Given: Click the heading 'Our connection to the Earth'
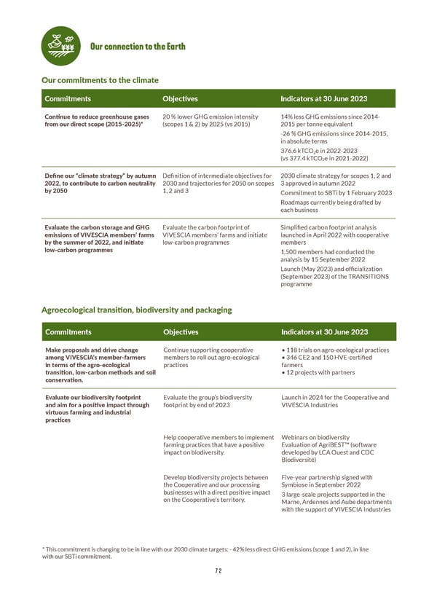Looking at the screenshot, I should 138,47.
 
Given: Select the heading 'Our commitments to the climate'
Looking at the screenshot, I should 100,79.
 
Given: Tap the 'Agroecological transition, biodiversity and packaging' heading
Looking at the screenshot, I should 136,310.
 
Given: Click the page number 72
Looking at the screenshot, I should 219,571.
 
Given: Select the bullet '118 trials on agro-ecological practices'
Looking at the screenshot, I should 336,350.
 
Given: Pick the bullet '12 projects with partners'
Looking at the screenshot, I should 320,372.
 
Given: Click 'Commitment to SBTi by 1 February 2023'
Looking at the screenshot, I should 336,192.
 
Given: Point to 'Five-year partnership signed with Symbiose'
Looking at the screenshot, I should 325,482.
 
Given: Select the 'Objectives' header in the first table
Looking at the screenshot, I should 180,98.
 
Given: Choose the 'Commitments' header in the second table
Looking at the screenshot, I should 68,331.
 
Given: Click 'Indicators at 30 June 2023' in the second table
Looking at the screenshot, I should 323,331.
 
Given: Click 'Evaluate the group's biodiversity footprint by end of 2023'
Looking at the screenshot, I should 207,401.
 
